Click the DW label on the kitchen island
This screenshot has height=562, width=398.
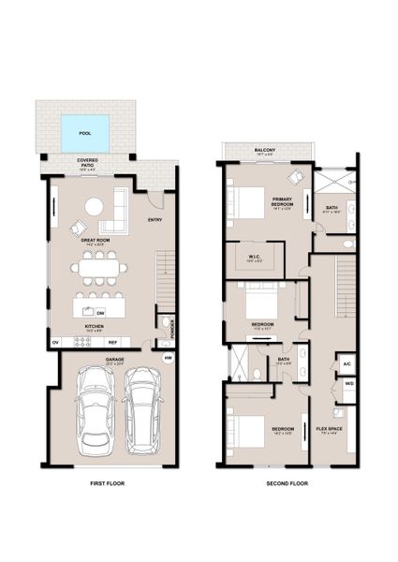tap(100, 312)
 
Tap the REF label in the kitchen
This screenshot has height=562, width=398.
tap(124, 342)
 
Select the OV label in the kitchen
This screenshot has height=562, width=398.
tap(56, 342)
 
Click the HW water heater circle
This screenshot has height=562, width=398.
tap(169, 357)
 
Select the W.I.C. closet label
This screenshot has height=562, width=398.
tap(253, 259)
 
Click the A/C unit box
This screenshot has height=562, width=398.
tap(346, 362)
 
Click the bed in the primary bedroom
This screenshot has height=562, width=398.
tap(246, 203)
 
